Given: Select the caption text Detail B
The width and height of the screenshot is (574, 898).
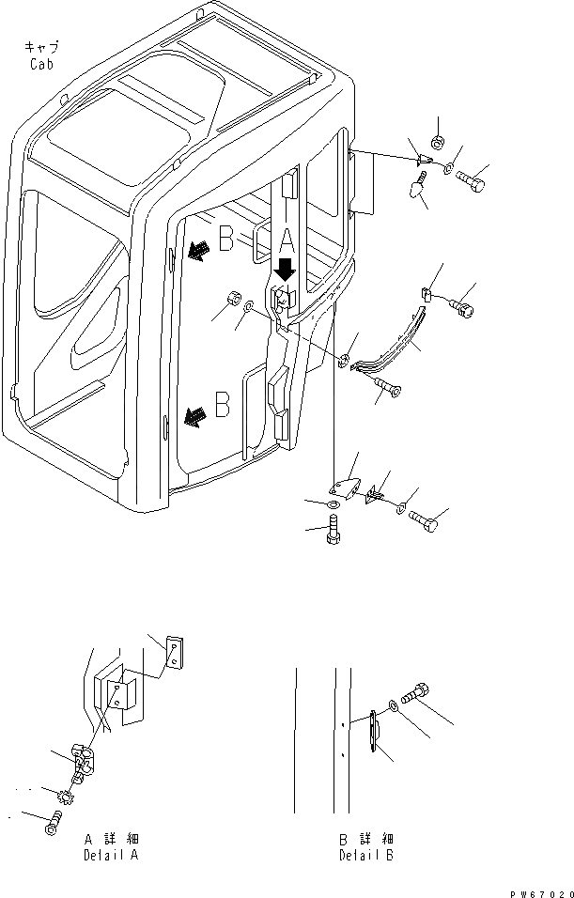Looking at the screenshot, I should (x=366, y=855).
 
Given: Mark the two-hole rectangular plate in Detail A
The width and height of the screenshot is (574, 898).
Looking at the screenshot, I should (x=175, y=654).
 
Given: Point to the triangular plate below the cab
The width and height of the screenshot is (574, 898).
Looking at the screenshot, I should (x=342, y=488).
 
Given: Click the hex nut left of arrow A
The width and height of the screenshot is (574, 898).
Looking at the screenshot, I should (x=227, y=303).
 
